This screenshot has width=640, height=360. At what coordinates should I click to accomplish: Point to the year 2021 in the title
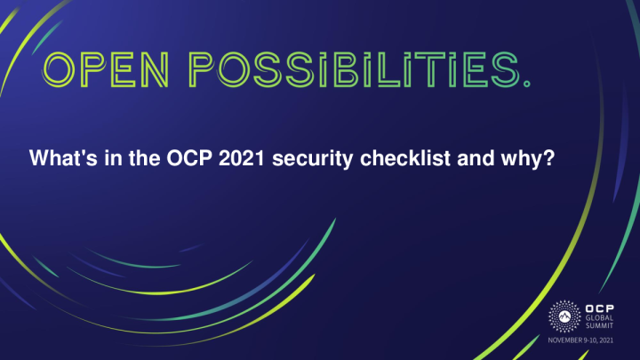pos(235,160)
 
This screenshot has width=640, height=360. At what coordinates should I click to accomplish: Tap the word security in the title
pos(304,161)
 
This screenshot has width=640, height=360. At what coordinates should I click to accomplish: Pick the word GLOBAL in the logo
pos(601,317)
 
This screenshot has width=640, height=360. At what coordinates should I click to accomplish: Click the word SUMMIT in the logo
pos(601,327)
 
